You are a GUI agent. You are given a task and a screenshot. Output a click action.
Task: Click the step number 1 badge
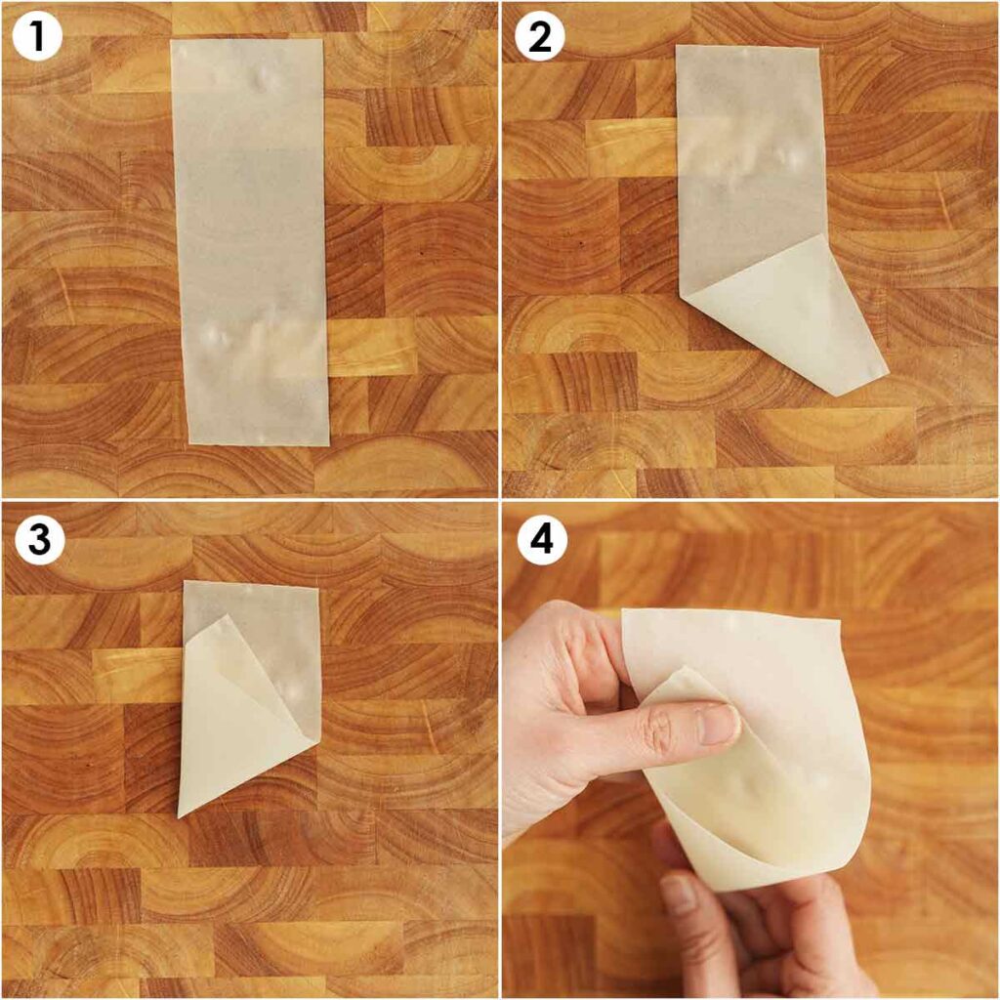pos(36,36)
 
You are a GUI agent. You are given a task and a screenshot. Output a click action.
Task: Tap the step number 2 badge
pos(539,36)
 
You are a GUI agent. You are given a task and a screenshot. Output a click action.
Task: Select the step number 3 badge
pos(39,539)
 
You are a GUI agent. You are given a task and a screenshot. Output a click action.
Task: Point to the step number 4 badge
pos(542,539)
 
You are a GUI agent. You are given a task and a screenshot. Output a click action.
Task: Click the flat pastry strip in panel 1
pos(250,242)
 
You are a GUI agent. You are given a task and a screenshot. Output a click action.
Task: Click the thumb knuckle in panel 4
pos(657,727)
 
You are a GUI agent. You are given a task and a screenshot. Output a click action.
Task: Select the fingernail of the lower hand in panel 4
pos(678,893)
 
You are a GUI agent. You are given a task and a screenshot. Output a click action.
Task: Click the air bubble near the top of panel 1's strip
pos(263,80)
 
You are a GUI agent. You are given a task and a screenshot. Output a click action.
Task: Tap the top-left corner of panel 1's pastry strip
pos(171,40)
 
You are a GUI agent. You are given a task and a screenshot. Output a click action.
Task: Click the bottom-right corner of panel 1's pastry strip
pos(329,445)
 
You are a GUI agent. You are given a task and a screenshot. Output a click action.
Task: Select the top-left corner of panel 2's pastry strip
pos(676,45)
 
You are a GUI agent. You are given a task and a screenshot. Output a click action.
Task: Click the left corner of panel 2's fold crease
pos(679,296)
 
